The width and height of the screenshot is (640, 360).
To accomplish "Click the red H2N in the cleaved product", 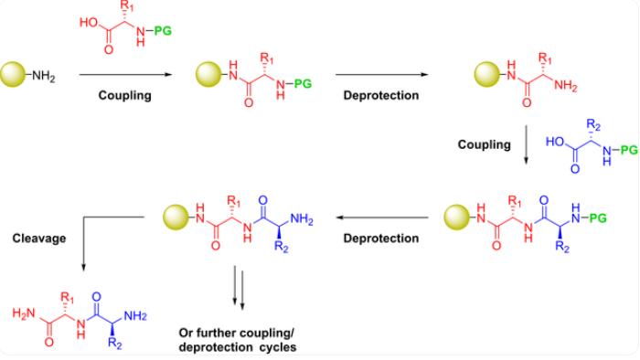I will click(x=21, y=314).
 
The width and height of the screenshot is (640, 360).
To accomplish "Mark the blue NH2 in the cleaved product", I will click(x=135, y=315).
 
